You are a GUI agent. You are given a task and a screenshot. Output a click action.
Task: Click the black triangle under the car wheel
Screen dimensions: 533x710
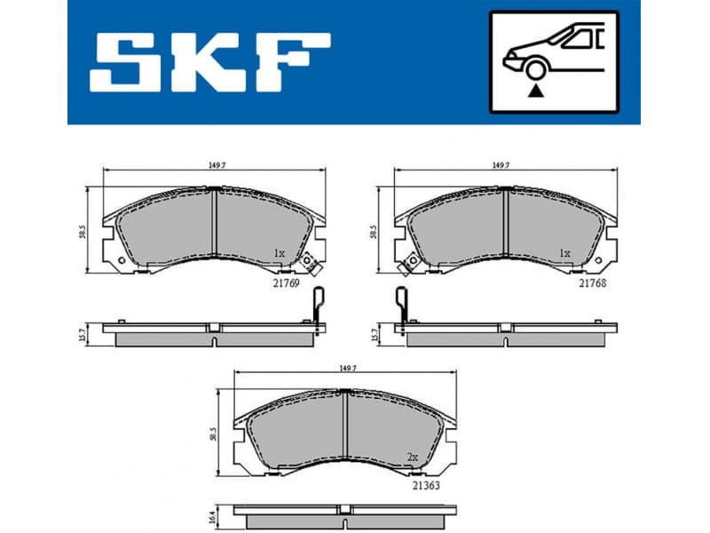(534, 89)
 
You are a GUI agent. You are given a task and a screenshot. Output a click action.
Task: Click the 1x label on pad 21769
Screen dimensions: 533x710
(279, 253)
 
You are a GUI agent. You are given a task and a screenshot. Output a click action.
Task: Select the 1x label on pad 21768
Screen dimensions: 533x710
(564, 253)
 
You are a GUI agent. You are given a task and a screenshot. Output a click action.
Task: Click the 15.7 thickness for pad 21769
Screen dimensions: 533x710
(83, 334)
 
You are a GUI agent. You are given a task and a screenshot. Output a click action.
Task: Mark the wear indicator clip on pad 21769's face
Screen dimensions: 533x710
(311, 262)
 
